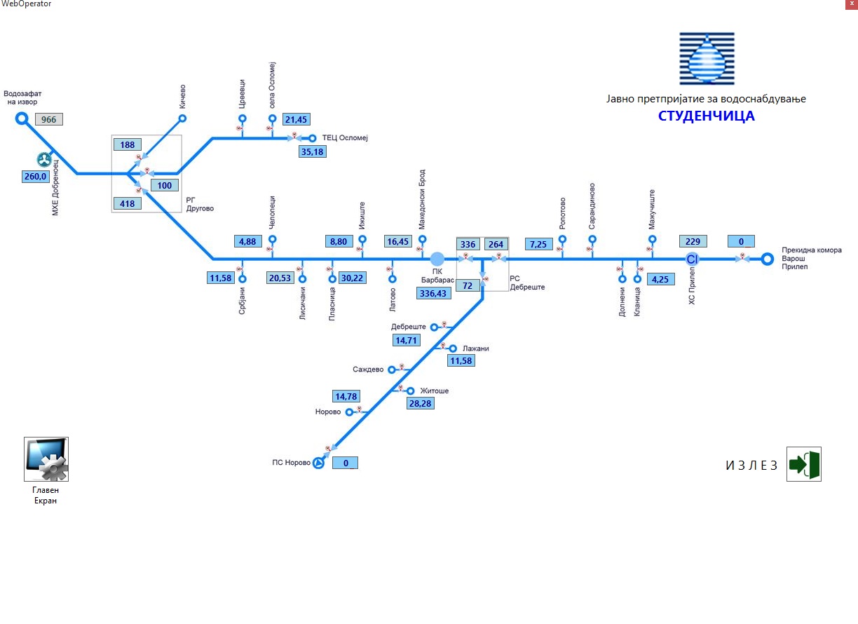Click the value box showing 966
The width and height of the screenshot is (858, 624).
point(49,119)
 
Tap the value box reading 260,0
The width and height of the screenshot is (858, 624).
point(36,177)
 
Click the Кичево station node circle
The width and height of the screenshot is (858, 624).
point(182,118)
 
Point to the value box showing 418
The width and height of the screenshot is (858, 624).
point(128,204)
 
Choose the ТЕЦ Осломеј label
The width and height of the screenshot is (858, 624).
point(344,137)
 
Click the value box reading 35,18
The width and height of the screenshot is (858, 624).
point(312,151)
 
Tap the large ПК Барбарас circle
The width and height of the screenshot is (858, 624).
point(437,259)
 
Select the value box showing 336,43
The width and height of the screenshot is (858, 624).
point(434,293)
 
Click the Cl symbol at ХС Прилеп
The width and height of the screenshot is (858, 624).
point(693,259)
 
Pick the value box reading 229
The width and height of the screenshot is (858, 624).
point(693,241)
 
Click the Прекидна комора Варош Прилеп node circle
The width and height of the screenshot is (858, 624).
point(768,259)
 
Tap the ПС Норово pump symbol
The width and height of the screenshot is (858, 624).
point(318,463)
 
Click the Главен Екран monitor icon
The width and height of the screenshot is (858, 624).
point(46,459)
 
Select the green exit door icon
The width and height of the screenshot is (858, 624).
point(803,464)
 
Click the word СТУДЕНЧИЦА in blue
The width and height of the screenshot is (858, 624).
point(706,116)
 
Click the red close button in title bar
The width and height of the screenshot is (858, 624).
point(850,4)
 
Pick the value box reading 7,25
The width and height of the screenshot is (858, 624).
point(539,243)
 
